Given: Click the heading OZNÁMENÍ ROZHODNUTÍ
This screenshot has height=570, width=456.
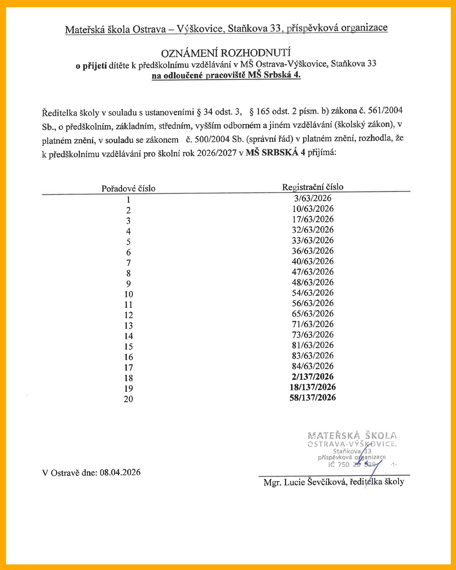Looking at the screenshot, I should point(226,53).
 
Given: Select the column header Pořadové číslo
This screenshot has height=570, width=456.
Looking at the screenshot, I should point(128,188).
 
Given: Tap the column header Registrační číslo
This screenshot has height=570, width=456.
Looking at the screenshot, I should point(312,187).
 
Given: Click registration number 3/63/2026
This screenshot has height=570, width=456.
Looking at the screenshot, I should point(312,198).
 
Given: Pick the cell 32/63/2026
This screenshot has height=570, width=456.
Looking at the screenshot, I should point(312,230).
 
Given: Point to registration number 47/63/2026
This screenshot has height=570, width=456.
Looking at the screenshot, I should point(312,272).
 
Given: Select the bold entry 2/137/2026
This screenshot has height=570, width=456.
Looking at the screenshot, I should point(312,377).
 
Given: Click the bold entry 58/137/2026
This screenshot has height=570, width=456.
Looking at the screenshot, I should point(312,398).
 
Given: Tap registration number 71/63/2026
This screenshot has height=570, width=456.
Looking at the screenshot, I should point(312,324).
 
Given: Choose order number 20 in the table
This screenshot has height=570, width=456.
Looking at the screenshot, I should point(128,399).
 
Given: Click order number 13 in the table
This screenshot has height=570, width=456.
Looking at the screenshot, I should point(128,326).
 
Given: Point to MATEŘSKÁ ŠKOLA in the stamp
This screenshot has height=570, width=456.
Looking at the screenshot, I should point(352,435).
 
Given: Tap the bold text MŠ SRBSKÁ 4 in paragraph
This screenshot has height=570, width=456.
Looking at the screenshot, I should point(276,152).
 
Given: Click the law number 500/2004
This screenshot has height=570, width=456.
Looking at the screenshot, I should point(206,140).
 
